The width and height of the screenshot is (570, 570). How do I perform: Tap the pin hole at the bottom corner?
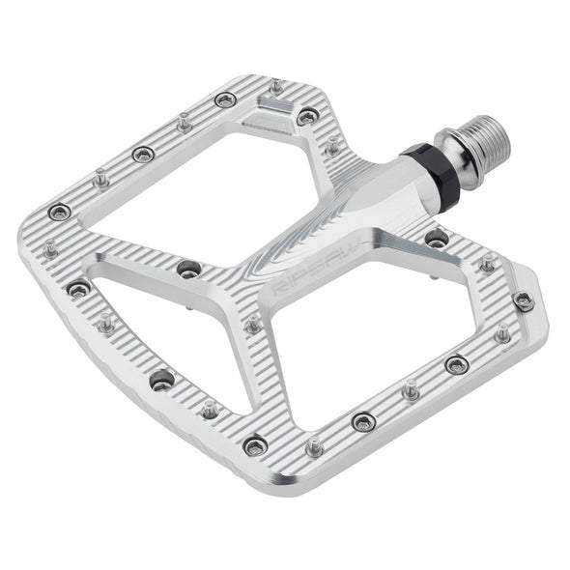(255, 445)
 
